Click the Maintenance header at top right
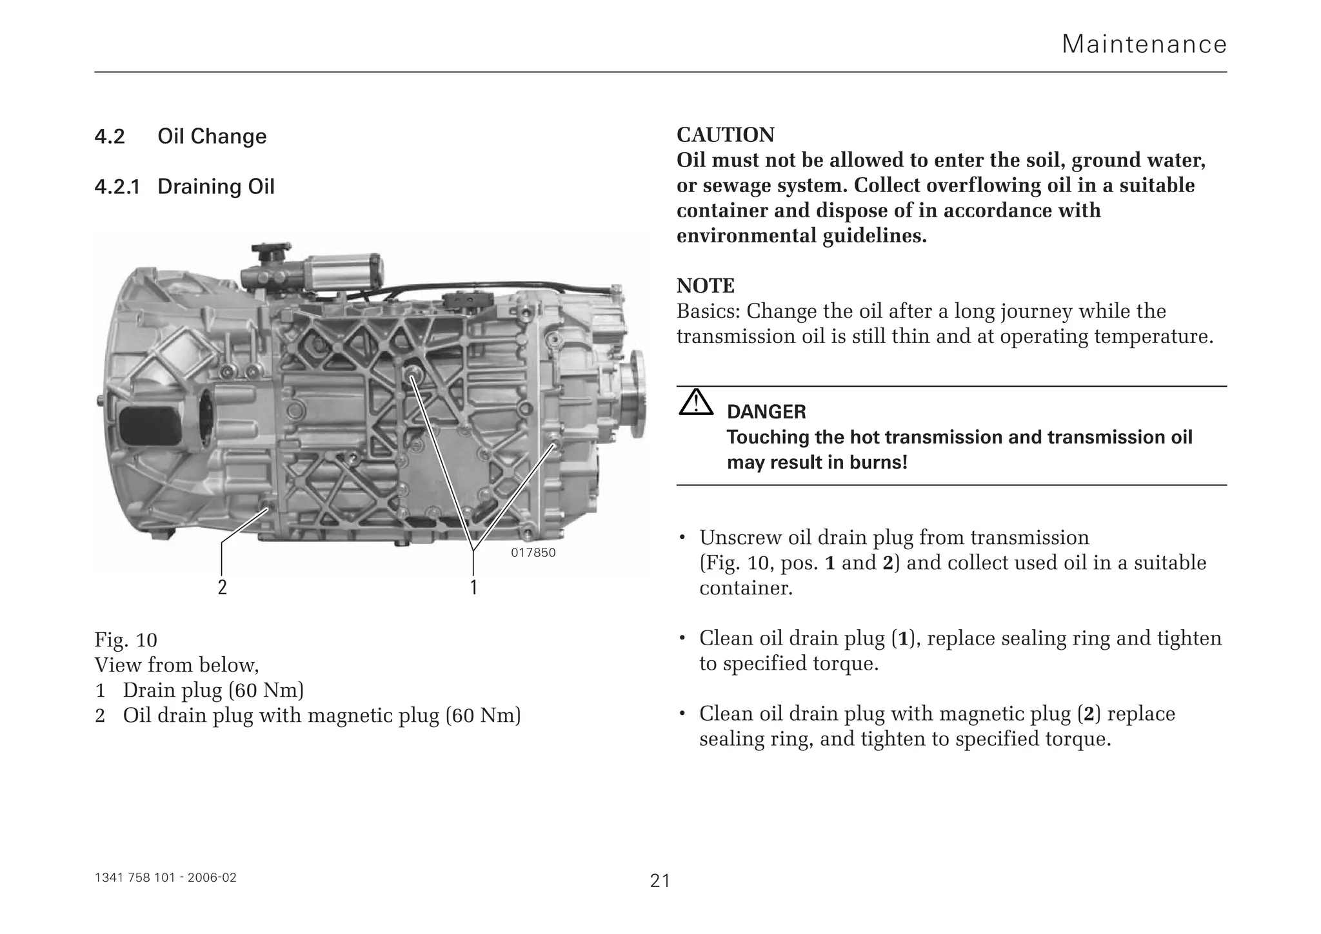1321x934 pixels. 1144,44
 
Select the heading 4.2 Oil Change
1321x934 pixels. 180,137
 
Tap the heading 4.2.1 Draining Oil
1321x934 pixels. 184,187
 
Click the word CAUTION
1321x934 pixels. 725,135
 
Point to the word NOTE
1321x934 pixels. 705,286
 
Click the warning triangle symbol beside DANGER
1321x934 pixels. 695,403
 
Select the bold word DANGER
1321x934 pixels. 766,412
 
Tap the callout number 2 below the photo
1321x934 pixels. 222,587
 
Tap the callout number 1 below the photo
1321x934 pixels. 473,587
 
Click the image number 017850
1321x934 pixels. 533,553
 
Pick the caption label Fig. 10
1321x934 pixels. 126,640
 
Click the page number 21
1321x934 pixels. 660,880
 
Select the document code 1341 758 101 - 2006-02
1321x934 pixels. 165,878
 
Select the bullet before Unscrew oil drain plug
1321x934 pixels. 682,538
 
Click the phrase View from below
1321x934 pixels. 176,665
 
